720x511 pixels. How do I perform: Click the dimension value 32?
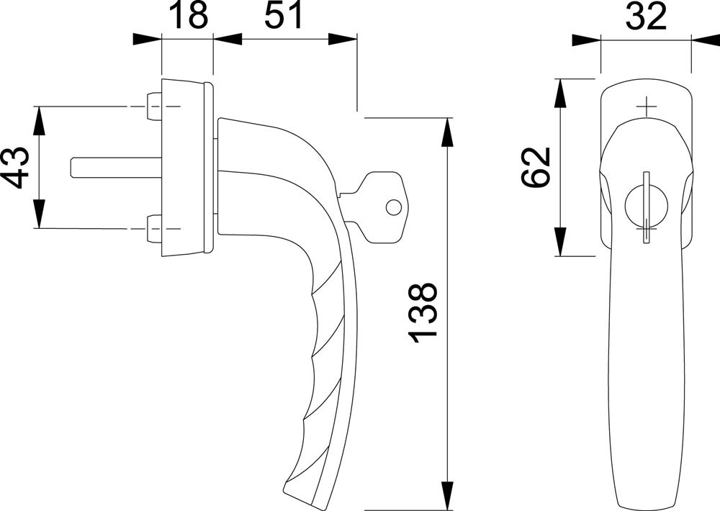[647, 17]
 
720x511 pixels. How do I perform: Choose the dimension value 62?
[536, 167]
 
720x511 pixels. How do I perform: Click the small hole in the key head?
[393, 207]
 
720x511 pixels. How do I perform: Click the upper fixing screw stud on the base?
[153, 107]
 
